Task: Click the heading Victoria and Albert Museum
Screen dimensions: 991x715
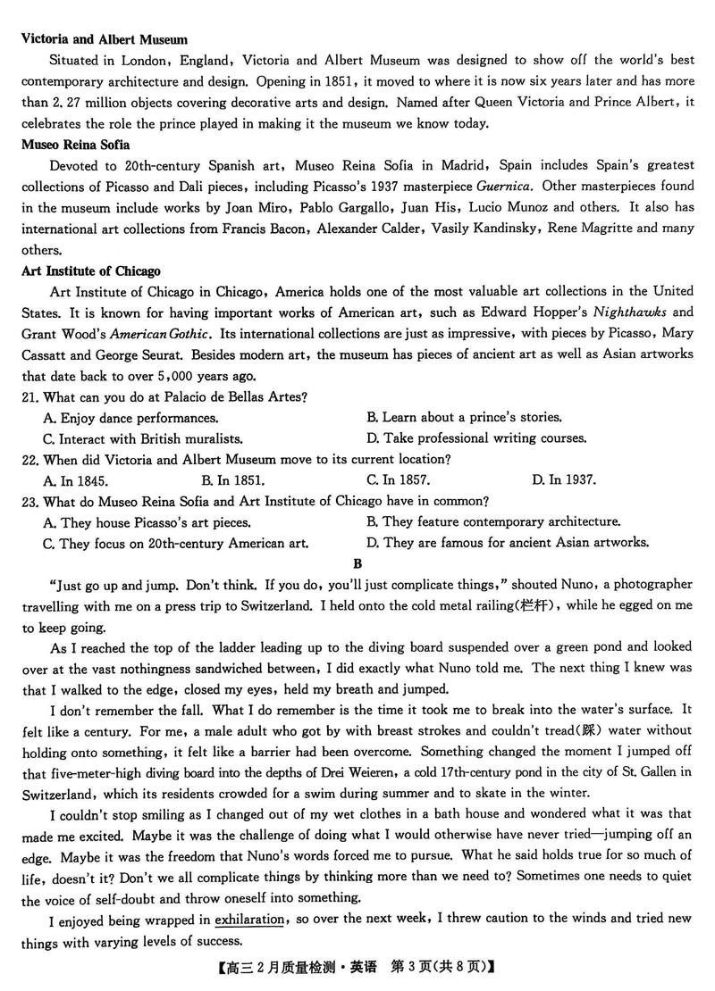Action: point(104,39)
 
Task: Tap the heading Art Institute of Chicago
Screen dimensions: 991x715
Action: point(91,271)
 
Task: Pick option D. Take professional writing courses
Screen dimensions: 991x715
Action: point(476,438)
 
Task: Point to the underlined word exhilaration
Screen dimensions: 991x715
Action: point(249,920)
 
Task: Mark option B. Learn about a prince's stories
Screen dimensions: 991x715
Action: point(465,417)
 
